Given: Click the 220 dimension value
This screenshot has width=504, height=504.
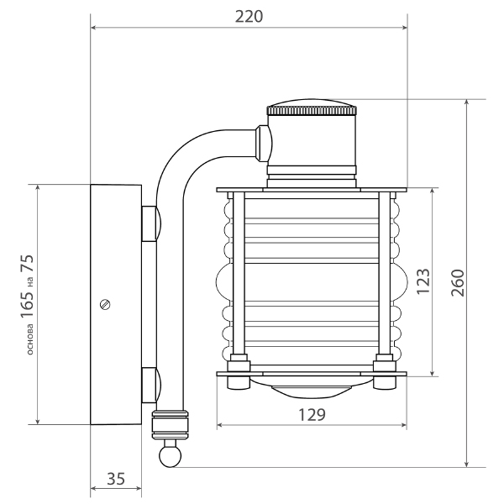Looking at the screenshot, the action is (x=249, y=17).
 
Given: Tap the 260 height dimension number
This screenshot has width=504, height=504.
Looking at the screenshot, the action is (x=458, y=283).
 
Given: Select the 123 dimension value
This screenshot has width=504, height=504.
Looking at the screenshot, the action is (x=423, y=281).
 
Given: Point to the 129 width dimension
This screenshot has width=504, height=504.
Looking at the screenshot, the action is (x=312, y=415).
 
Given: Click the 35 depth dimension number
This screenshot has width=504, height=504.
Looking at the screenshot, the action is (x=116, y=479).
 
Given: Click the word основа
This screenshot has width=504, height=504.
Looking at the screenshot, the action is (x=29, y=339).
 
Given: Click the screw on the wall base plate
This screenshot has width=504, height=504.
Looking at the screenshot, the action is (x=105, y=304).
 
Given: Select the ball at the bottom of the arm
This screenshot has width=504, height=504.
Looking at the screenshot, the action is (x=170, y=455).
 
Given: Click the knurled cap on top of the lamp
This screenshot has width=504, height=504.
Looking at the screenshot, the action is (x=312, y=108).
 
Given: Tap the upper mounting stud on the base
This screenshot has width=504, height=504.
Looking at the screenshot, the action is (x=151, y=223).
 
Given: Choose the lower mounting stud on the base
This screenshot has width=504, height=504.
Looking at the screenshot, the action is (x=151, y=385).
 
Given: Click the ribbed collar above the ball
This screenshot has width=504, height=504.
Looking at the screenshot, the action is (x=170, y=424).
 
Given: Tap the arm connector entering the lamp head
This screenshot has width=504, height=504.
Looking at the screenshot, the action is (x=264, y=143).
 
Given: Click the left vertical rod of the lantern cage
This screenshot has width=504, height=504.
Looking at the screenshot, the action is (x=239, y=272).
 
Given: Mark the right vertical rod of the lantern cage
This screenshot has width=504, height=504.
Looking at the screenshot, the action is (x=385, y=272).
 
